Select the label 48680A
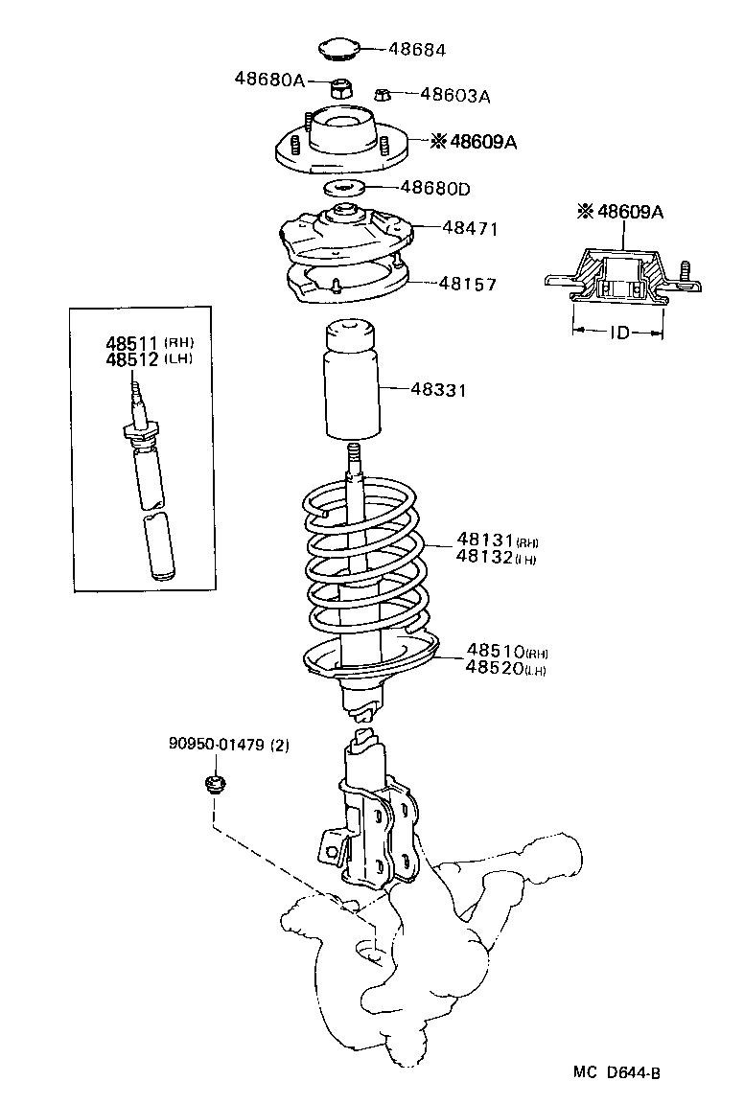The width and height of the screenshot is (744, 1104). (x=268, y=80)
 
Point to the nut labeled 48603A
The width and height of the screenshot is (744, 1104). (x=381, y=94)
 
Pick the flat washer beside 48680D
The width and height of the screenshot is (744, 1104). (x=345, y=187)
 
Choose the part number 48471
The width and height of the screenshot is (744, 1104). (x=471, y=228)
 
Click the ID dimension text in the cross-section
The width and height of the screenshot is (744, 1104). (x=618, y=335)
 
